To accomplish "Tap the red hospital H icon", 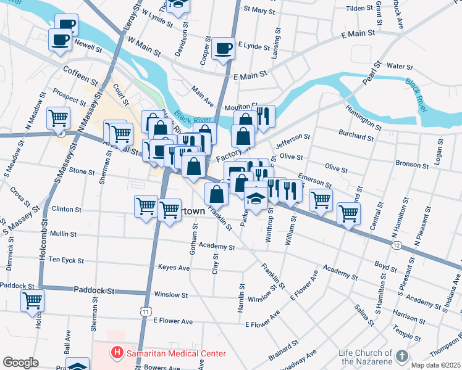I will point(115,353).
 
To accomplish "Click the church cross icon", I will point(401,356).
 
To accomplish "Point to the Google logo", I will point(20,363).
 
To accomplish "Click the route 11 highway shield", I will point(145,312).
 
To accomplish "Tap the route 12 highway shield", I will point(396,245).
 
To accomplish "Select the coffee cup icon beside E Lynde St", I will point(223,48).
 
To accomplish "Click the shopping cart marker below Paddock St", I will point(32,302).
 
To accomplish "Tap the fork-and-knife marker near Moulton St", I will point(263,115).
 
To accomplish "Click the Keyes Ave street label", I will point(174,268).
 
